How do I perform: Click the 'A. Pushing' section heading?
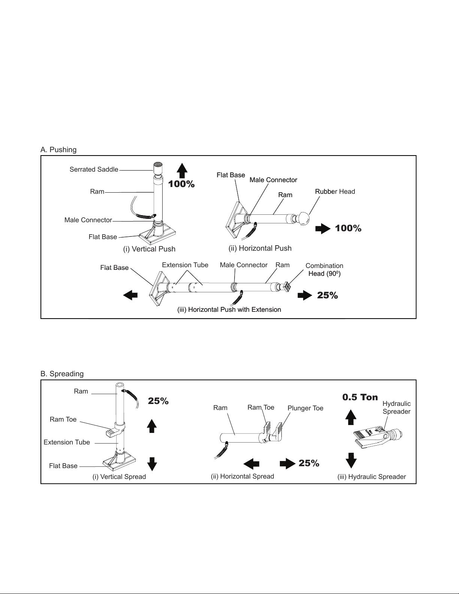pos(58,150)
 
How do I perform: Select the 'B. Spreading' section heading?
pos(62,374)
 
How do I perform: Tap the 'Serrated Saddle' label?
pos(94,169)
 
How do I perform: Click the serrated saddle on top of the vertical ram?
pos(157,168)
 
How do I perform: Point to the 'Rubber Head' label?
pos(335,192)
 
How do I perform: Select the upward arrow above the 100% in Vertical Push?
pos(182,171)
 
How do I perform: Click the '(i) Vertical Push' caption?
pos(149,249)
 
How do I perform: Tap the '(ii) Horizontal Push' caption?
pos(260,248)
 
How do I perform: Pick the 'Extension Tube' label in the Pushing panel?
pos(185,265)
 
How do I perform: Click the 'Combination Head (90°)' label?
pos(324,269)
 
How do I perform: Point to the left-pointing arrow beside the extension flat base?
pos(130,295)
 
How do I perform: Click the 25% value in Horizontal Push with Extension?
pos(327,295)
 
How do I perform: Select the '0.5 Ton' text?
pos(360,397)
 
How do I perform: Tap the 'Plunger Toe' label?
pos(305,408)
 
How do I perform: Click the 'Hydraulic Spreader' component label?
pos(396,408)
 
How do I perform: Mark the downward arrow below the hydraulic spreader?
pos(351,461)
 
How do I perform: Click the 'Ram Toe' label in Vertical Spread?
pos(63,419)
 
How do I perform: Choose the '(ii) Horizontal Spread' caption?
pos(242,476)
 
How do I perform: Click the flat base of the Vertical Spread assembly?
pos(120,462)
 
